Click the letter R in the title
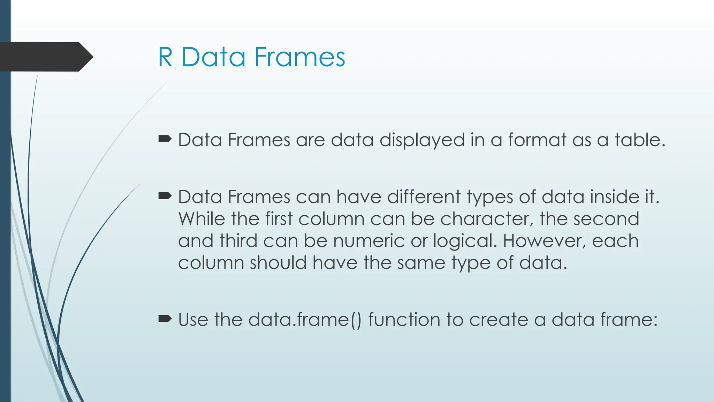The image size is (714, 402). point(166,57)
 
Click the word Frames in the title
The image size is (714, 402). point(300,57)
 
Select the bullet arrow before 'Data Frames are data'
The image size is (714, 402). point(165,140)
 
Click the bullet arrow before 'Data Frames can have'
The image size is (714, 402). point(165,196)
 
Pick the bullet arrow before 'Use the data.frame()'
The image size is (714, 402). point(165,319)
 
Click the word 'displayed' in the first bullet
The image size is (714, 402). point(422,140)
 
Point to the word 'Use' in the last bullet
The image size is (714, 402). point(193,320)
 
